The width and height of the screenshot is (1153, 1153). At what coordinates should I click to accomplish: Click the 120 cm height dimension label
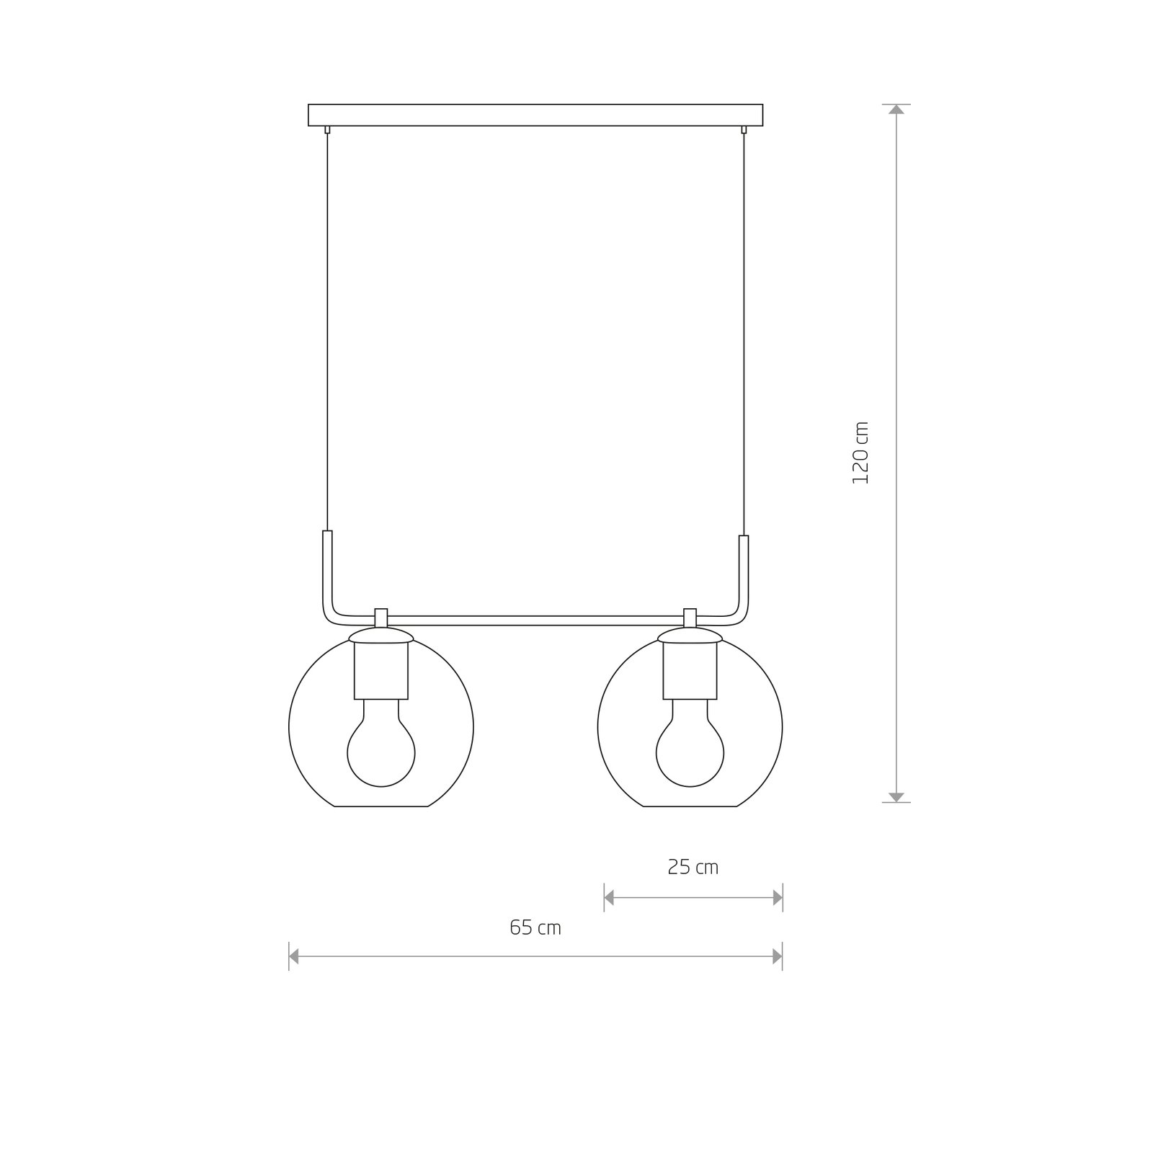[x=861, y=453]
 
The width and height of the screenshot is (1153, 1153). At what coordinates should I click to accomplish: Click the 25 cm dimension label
[x=693, y=867]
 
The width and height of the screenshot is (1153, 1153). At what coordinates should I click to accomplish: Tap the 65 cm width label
[x=535, y=927]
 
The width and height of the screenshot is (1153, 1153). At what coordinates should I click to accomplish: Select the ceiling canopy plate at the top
[x=535, y=115]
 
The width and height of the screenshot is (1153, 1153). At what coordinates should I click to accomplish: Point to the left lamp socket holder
[x=381, y=670]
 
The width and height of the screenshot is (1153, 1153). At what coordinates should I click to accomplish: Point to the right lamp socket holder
[x=690, y=670]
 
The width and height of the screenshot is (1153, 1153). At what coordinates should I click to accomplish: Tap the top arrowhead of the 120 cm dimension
[x=896, y=110]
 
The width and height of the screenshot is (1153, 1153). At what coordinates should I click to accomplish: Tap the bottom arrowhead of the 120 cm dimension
[x=896, y=797]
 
